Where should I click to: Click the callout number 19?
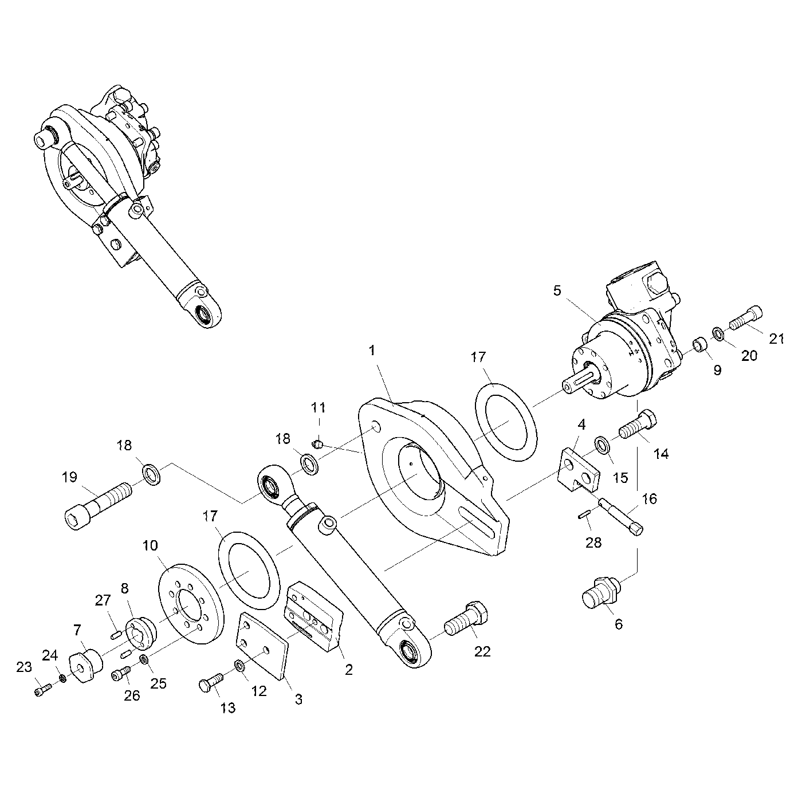coord(69,477)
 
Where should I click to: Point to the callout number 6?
coord(619,624)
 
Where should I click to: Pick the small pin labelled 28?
coord(584,516)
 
